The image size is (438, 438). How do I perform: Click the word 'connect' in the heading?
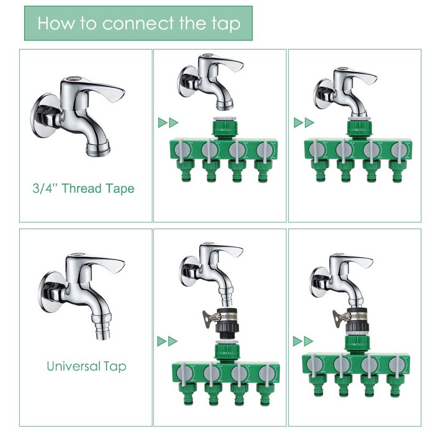139,23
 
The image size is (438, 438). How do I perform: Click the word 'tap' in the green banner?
226,24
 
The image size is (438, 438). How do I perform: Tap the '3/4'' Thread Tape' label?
83,188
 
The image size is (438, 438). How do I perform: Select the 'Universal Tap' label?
87,366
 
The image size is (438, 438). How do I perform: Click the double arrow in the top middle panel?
168,123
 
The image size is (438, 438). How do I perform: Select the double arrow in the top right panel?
304,123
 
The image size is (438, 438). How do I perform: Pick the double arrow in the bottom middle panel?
168,341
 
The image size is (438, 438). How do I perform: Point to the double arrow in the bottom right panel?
303,341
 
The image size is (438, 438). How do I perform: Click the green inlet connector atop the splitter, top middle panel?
225,127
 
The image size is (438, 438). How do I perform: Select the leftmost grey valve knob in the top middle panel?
182,149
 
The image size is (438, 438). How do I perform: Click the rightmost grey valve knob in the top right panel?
399,149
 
